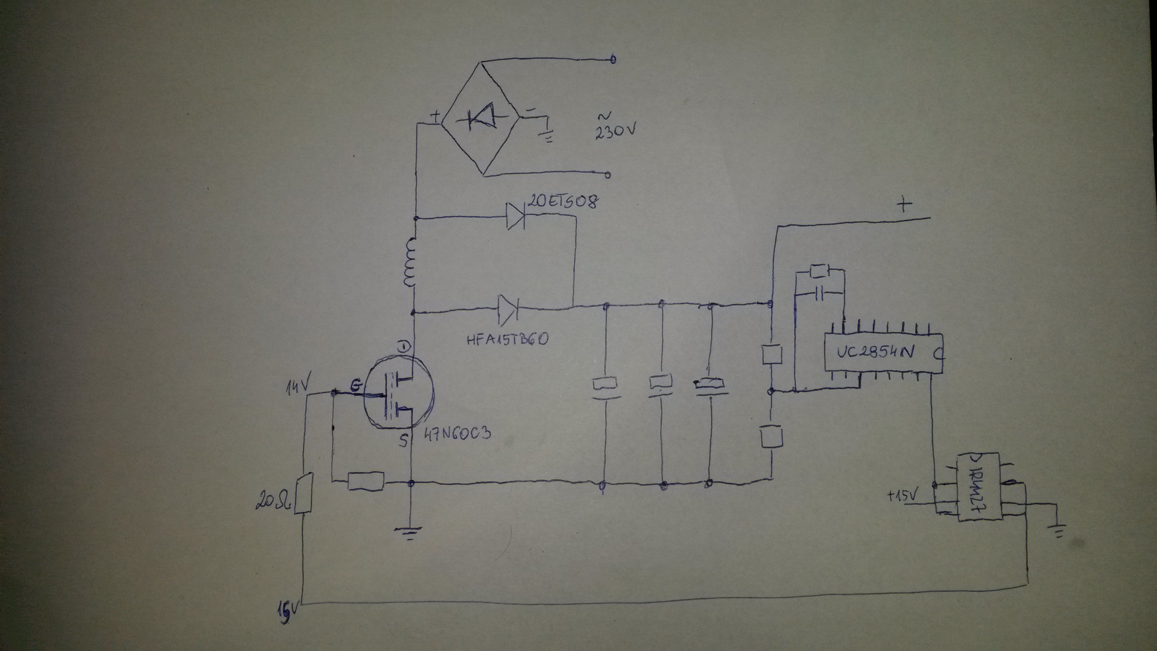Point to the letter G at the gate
pyautogui.click(x=355, y=385)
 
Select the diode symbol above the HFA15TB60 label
pyautogui.click(x=508, y=308)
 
